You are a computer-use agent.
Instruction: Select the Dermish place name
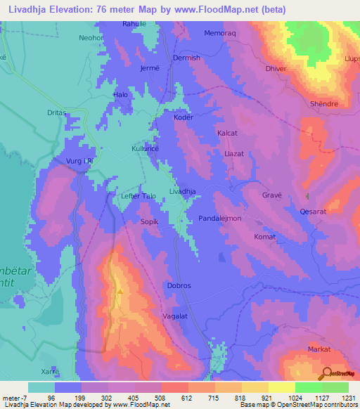(x=186, y=58)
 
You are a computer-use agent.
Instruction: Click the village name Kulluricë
(x=146, y=150)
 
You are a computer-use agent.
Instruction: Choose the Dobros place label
(x=179, y=286)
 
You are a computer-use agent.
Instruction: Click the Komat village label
(x=264, y=238)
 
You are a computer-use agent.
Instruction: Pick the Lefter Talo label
(x=138, y=197)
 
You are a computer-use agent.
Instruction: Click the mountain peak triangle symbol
(x=120, y=290)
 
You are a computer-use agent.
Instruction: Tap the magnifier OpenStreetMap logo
(x=326, y=373)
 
